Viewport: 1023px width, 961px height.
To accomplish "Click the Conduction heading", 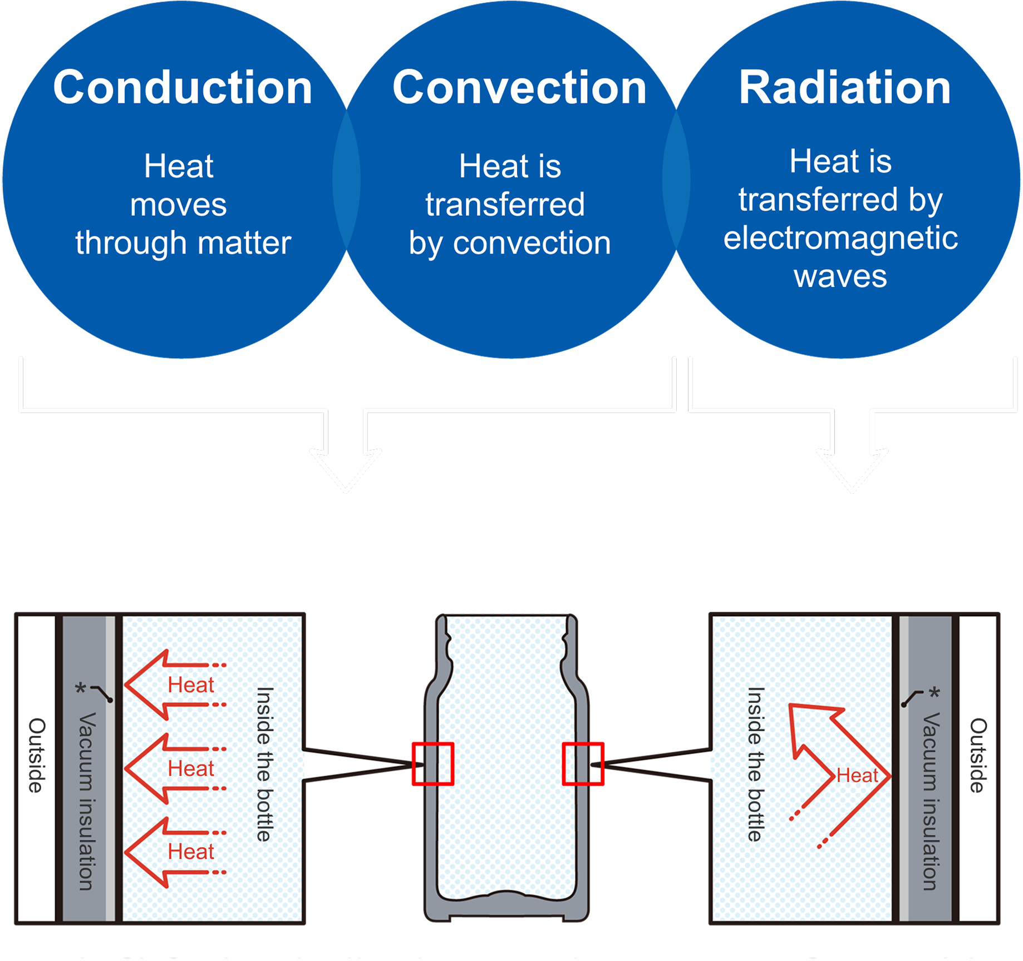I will [x=183, y=88].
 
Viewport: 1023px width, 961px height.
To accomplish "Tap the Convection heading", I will [x=519, y=88].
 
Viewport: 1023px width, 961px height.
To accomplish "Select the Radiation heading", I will [x=844, y=88].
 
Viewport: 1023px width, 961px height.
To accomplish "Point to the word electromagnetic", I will [x=840, y=238].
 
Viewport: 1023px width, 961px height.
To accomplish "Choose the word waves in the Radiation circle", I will [x=840, y=276].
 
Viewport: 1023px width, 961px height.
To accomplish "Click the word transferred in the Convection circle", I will [x=505, y=204].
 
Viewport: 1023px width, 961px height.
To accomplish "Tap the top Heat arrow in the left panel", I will [x=173, y=685].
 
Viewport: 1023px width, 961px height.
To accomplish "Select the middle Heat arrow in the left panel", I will [x=173, y=769].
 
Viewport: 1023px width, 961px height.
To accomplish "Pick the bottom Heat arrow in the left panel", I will [x=173, y=852].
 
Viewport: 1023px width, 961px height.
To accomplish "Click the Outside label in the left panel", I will [x=37, y=755].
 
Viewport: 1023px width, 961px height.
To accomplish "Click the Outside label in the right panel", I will [x=978, y=755].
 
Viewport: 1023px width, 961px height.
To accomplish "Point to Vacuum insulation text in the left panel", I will [x=86, y=801].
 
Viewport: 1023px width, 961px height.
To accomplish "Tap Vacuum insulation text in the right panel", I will [x=931, y=801].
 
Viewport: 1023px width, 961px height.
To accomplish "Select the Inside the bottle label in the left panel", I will [x=265, y=764].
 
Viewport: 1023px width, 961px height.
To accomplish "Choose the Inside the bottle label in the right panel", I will [x=755, y=764].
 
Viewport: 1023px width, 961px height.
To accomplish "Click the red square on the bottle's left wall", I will [x=433, y=764].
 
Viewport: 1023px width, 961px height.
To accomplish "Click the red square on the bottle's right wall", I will [x=583, y=764].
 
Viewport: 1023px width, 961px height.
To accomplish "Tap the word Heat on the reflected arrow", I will [x=857, y=776].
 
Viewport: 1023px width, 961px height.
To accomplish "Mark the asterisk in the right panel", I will [x=935, y=693].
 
